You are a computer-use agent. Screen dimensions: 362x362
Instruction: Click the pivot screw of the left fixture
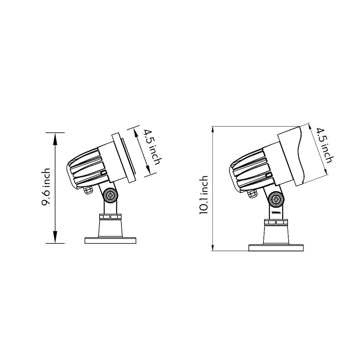point(110,195)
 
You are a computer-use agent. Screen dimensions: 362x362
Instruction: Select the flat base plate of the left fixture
point(110,240)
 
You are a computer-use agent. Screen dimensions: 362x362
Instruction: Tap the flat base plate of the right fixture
point(276,248)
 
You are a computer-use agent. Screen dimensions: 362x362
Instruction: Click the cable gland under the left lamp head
point(88,190)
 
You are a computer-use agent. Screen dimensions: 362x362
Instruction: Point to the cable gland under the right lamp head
point(252,193)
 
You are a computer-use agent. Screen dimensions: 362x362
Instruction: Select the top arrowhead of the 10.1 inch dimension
point(212,131)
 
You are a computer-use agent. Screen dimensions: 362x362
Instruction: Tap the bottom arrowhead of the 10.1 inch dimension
point(212,246)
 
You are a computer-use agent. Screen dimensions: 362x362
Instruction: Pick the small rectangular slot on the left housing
point(104,173)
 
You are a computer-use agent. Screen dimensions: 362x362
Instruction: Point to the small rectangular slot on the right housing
point(268,176)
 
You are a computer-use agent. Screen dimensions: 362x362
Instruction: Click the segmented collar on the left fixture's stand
point(110,217)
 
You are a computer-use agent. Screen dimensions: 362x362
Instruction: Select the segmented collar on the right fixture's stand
point(276,222)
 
